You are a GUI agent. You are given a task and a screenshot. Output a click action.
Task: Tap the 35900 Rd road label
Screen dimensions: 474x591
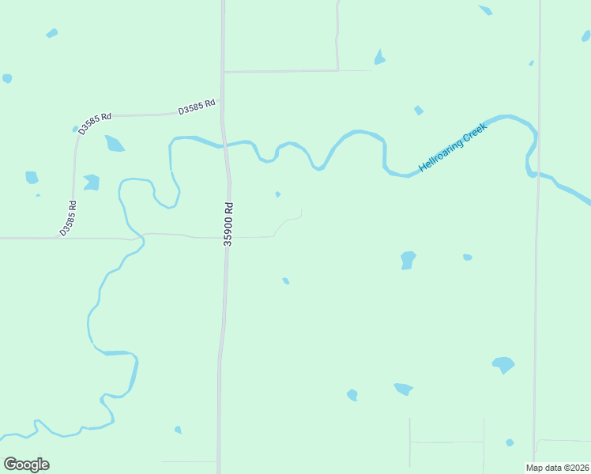pyautogui.click(x=228, y=224)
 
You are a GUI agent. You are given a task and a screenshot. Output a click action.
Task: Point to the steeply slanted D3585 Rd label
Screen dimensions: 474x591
pyautogui.click(x=68, y=218)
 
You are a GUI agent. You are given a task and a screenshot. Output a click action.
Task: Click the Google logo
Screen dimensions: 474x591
pyautogui.click(x=26, y=465)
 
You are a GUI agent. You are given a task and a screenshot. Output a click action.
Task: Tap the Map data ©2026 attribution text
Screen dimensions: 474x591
pyautogui.click(x=558, y=467)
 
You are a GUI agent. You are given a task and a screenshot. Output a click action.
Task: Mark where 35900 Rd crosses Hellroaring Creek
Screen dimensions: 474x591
pyautogui.click(x=225, y=145)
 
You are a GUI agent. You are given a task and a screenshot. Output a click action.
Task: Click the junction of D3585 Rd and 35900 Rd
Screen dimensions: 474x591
pyautogui.click(x=221, y=112)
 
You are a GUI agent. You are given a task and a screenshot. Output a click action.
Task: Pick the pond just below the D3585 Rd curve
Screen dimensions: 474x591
pyautogui.click(x=115, y=144)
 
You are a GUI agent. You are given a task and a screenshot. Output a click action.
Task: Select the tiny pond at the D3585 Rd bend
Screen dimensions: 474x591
pyautogui.click(x=76, y=129)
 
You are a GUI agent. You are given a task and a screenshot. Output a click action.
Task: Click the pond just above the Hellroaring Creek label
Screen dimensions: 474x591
pyautogui.click(x=419, y=111)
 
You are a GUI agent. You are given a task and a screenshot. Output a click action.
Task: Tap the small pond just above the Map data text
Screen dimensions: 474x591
pyautogui.click(x=510, y=442)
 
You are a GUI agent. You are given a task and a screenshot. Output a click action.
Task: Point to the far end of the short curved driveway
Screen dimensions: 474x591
pyautogui.click(x=301, y=210)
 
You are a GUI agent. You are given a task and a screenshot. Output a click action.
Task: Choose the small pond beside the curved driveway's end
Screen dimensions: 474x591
pyautogui.click(x=277, y=194)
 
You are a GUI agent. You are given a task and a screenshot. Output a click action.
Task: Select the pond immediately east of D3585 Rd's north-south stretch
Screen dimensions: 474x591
pyautogui.click(x=92, y=182)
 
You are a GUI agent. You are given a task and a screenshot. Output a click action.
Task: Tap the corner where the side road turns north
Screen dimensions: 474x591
pyautogui.click(x=337, y=70)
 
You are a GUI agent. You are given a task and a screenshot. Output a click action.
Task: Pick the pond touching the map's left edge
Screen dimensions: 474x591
pyautogui.click(x=7, y=78)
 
